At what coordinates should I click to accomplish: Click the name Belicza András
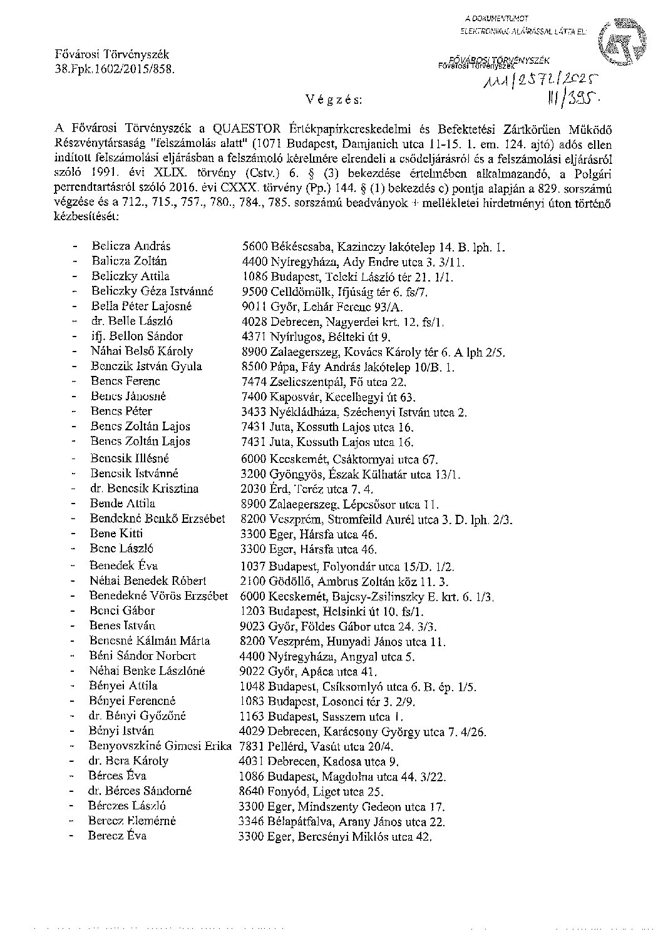131,246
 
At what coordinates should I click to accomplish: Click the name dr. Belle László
130,322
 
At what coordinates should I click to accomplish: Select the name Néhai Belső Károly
141,352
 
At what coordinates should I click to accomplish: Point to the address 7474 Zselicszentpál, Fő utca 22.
325,382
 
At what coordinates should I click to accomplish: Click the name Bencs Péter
121,412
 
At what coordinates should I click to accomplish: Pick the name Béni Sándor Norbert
143,656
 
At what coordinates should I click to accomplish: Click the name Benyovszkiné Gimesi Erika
160,746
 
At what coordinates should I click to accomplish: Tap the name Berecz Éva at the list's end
117,836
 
